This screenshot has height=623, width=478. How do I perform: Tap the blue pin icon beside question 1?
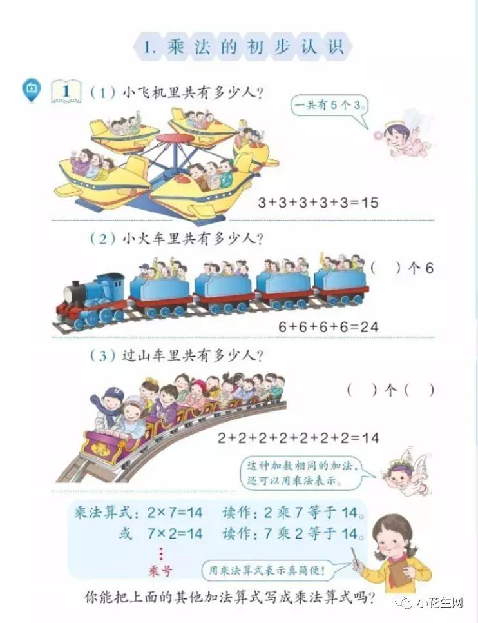point(31,88)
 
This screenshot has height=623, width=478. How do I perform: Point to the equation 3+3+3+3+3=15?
point(318,203)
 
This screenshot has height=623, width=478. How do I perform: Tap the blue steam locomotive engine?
point(91,299)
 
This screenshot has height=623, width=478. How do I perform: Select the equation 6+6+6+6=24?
point(328,327)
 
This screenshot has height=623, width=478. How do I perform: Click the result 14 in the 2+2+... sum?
point(370,438)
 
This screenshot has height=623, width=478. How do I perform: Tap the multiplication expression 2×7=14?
point(175,512)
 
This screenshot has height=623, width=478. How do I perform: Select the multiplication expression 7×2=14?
point(175,533)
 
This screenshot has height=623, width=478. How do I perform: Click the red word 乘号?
point(160,571)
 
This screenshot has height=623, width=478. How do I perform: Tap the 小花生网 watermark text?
point(440,603)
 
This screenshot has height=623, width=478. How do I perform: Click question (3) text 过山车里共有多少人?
point(193,355)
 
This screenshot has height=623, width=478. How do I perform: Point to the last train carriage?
point(341,283)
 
